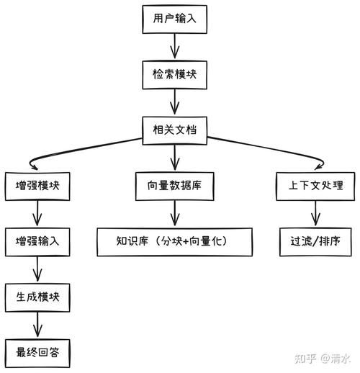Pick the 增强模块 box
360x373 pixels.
coord(37,185)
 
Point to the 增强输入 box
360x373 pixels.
coord(37,241)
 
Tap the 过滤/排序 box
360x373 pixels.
coord(314,241)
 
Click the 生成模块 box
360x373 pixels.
coord(37,296)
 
